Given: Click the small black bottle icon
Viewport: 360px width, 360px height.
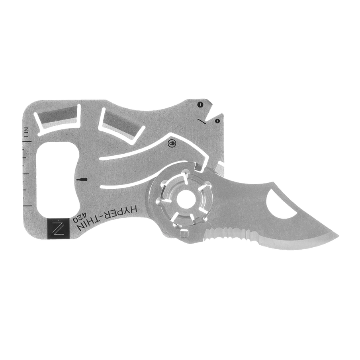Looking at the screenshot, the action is click(x=82, y=180).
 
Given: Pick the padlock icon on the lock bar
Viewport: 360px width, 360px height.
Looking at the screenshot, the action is click(x=172, y=143).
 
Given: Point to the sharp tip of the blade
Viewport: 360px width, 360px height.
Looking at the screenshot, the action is click(x=338, y=236).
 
